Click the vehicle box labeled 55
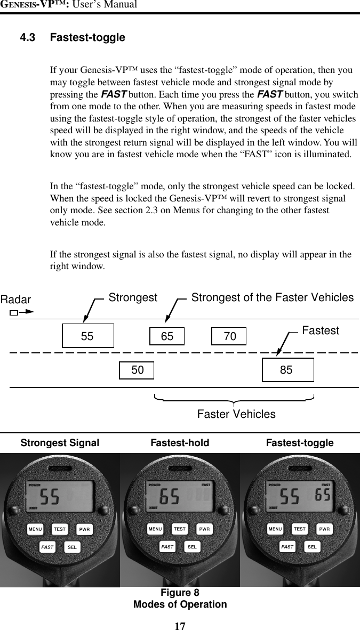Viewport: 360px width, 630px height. [88, 336]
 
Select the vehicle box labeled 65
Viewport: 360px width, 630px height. [167, 336]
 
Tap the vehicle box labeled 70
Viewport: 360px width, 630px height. [229, 336]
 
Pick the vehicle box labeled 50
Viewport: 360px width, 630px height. [137, 370]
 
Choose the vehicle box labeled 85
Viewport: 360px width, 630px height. [287, 370]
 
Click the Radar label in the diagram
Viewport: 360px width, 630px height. [16, 300]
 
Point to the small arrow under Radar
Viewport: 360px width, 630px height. [22, 312]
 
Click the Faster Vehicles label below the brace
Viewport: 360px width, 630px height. [236, 414]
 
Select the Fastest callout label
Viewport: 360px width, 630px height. [320, 330]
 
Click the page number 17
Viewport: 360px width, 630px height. [180, 626]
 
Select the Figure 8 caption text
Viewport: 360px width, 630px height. [180, 593]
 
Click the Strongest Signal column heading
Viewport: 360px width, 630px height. [60, 443]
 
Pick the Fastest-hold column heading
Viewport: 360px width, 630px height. [180, 443]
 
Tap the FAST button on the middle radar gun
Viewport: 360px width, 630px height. [167, 546]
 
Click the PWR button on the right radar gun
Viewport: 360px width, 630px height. [324, 529]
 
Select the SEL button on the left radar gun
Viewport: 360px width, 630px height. [72, 547]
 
